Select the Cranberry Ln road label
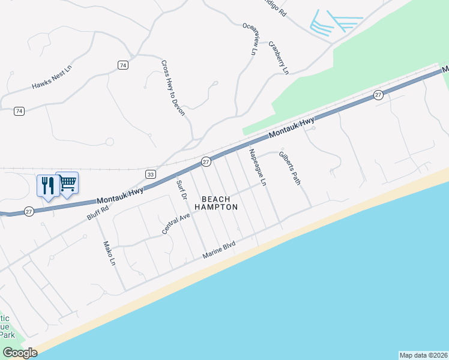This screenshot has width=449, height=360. point(279,58)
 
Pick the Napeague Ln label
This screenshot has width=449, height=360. point(258,166)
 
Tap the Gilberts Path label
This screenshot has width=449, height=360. point(290,168)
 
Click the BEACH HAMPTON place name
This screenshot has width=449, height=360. point(220,203)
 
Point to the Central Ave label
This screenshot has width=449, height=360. point(176,222)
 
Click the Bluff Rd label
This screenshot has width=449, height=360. point(98,212)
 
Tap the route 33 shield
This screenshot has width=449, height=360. point(151,173)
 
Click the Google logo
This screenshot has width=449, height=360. point(20,353)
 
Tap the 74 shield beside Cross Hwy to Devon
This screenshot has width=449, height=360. point(123,65)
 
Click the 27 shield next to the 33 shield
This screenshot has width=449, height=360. point(205,161)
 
